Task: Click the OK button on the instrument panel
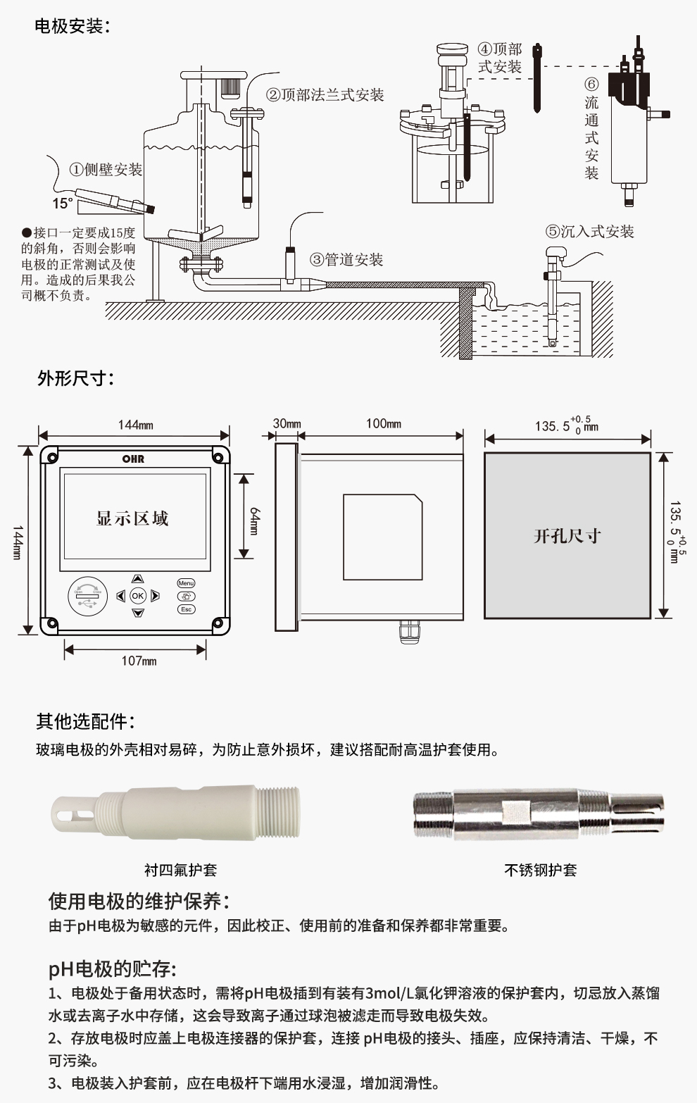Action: pos(137,596)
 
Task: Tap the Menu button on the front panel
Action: pos(186,583)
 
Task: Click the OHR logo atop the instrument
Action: pos(133,459)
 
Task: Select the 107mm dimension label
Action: pos(139,661)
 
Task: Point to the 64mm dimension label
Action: pos(255,521)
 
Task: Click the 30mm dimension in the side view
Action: pos(287,423)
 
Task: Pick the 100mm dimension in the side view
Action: pos(383,423)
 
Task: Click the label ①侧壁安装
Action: pos(106,170)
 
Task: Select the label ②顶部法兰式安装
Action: pos(325,95)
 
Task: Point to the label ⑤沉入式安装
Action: pos(589,232)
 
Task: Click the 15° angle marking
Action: pos(62,204)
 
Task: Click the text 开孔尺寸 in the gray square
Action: pos(567,536)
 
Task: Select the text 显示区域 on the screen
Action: pos(132,519)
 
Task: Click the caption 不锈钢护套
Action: pos(540,871)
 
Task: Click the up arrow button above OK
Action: pos(137,579)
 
